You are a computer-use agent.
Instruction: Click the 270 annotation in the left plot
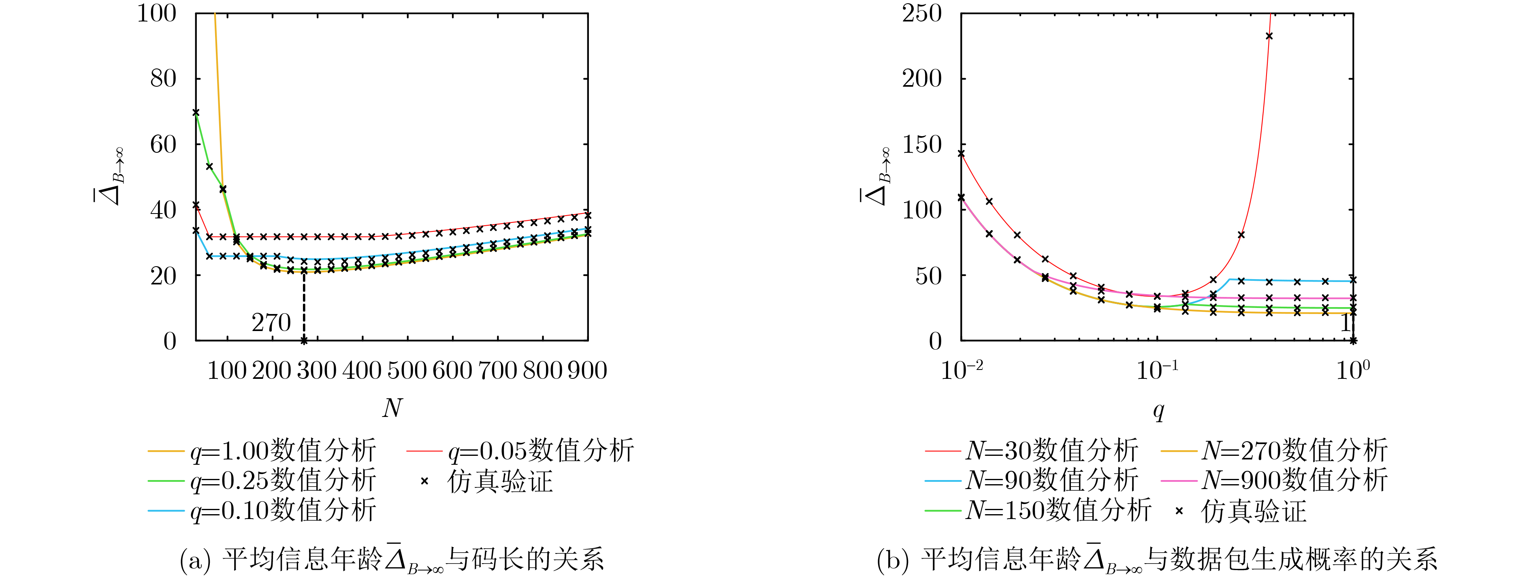271,323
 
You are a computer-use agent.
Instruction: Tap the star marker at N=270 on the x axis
304,341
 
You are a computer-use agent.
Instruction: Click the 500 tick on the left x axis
407,371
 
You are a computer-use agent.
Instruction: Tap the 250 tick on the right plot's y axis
922,13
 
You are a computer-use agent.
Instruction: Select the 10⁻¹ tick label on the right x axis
1157,370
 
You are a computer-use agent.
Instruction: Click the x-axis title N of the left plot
392,408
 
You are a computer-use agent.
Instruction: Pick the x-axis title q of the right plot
1158,410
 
